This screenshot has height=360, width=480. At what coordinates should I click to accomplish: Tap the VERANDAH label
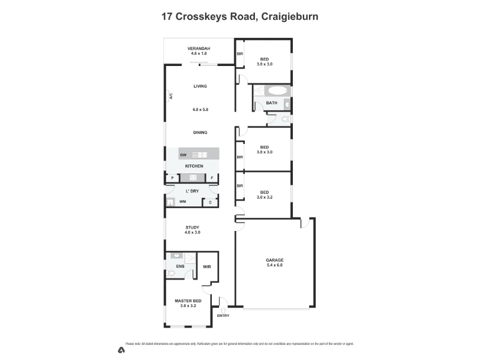pos(198,48)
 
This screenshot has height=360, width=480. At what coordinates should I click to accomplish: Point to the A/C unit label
pos(170,96)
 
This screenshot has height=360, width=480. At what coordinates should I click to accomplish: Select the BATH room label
pos(271,103)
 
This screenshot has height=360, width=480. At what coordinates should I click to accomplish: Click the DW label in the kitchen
pos(183,155)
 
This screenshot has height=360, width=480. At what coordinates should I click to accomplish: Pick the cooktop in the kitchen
pos(193,178)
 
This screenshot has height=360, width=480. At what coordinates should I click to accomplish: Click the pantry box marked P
pos(172,178)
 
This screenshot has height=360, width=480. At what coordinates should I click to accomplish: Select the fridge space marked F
pos(212,178)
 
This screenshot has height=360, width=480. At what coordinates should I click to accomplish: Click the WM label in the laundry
pos(182,202)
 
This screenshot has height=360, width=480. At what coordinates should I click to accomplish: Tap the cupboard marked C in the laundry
pos(210,202)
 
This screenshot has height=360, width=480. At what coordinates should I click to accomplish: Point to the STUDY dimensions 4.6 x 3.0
pos(193,232)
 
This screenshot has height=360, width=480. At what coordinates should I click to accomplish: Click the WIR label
pos(207,266)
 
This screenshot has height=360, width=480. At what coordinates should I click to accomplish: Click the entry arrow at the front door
pos(223,310)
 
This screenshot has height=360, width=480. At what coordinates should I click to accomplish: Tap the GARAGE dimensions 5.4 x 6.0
pos(274,265)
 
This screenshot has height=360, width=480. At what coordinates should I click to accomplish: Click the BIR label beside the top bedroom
pos(239,54)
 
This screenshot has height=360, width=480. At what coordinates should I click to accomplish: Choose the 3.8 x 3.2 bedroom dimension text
pos(265,197)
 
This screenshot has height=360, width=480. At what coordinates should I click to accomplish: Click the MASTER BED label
pos(188,301)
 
